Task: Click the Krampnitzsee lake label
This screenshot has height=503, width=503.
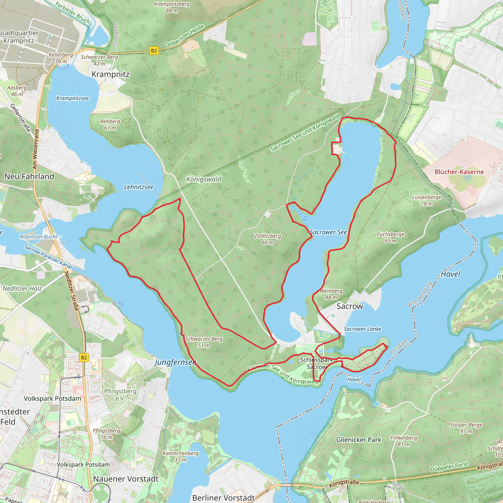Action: tap(72, 98)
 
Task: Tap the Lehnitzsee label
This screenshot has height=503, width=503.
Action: tap(139, 187)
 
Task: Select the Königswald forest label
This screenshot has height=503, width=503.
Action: tap(204, 179)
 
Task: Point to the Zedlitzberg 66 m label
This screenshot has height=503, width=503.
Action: tap(267, 239)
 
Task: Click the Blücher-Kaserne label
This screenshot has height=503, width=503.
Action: tap(459, 172)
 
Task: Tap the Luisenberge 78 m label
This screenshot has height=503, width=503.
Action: tap(426, 200)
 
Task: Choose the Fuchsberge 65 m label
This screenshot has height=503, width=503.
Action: tap(391, 237)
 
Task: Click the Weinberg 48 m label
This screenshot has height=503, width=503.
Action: tap(331, 294)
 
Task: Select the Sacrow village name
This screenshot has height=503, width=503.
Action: tap(350, 306)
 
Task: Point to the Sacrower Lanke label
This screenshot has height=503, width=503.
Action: tap(363, 329)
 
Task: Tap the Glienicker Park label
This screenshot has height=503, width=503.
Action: tap(359, 440)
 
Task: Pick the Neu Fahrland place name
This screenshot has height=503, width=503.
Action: tap(29, 177)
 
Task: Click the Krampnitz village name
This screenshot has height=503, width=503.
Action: tap(110, 74)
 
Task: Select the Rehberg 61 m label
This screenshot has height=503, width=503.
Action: tap(110, 125)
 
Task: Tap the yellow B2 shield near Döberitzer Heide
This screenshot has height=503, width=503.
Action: tap(154, 51)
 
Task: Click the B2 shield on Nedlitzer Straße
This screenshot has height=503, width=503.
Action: tap(84, 357)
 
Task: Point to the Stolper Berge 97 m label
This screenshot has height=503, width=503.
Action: tap(466, 428)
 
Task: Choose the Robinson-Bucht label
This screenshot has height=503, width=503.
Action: tap(39, 237)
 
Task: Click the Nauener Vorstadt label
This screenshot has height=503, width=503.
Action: tap(126, 479)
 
